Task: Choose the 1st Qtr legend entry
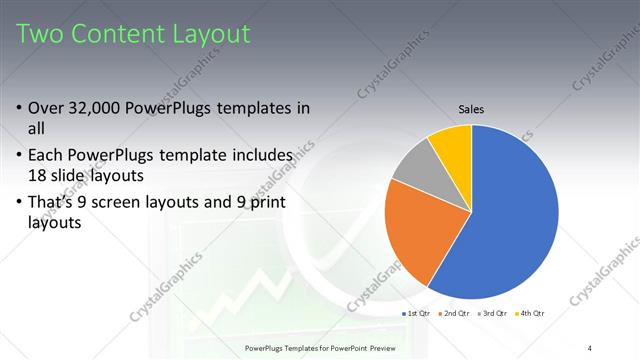[x=417, y=313]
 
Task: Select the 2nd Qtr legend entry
[x=456, y=313]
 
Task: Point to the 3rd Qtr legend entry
[x=494, y=313]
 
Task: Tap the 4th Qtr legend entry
[x=532, y=313]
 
